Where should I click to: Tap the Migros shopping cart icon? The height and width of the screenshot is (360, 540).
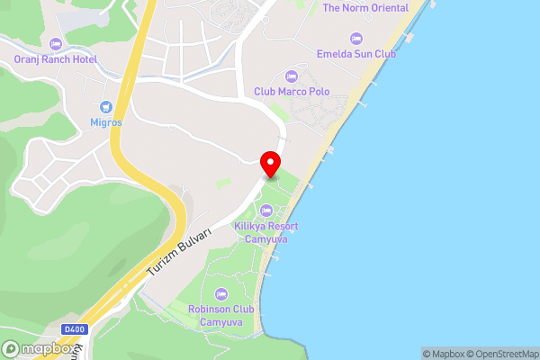[105, 106]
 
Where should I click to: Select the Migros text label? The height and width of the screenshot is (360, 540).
[105, 121]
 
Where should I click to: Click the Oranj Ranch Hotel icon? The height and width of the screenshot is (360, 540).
[55, 44]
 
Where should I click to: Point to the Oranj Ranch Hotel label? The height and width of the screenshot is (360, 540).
[55, 59]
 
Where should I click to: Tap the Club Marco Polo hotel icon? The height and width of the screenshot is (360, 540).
[291, 76]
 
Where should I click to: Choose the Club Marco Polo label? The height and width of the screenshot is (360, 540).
[292, 91]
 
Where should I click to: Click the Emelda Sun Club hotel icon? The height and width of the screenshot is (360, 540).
[355, 38]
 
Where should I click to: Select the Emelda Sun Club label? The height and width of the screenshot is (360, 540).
[357, 53]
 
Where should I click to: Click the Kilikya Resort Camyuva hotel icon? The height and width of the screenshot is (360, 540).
[265, 210]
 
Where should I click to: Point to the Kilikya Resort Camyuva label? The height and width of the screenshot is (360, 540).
[265, 232]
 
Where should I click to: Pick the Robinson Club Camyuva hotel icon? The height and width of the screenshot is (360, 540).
[221, 294]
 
